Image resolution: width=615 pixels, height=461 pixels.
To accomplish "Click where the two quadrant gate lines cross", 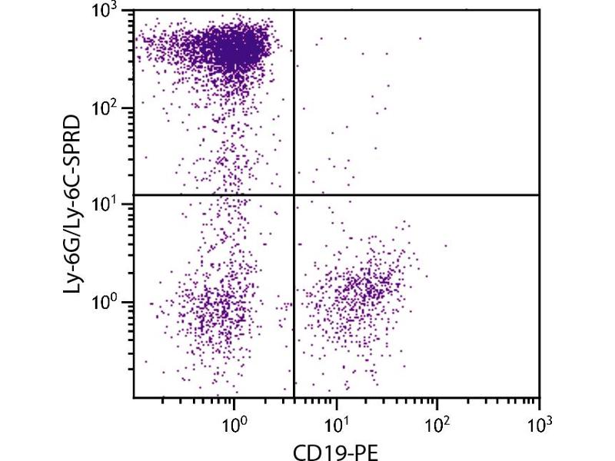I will [x=295, y=195].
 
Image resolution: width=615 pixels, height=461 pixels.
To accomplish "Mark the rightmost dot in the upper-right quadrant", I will [x=421, y=38].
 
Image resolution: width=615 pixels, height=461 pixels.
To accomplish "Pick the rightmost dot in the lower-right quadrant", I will [x=445, y=246].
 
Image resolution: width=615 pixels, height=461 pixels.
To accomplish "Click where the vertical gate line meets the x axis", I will [x=295, y=397].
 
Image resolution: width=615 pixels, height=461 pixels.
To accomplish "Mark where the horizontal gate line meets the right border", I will [x=540, y=195].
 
